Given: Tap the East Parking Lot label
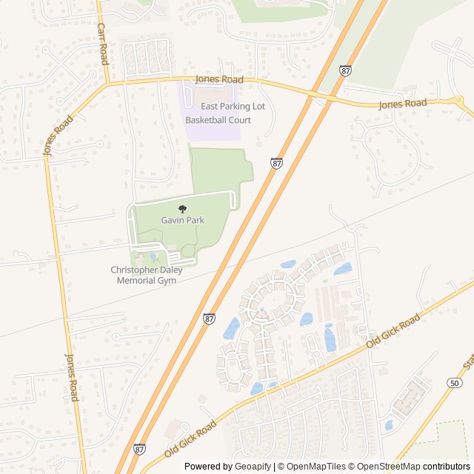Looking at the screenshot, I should pos(233,107).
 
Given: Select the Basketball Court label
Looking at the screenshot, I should pos(218,119).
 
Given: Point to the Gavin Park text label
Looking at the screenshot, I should pos(183,220).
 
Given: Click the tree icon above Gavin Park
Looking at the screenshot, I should pos(183,210).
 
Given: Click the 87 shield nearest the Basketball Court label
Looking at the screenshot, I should pos(276,163).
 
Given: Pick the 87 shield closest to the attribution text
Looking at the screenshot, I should pos(139,449).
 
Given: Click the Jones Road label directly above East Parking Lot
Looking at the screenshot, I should pos(218,79).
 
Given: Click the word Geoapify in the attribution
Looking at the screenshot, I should pos(253,467).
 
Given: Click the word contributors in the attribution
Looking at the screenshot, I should pos(447,467).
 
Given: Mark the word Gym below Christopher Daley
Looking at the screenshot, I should pos(167,281).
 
